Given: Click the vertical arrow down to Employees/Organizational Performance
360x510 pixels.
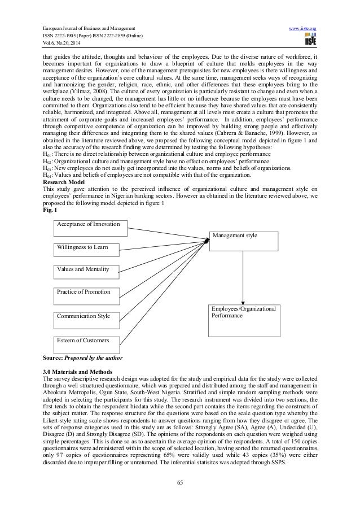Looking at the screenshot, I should point(243,277).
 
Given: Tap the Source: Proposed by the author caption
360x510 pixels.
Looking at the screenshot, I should point(82,358).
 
